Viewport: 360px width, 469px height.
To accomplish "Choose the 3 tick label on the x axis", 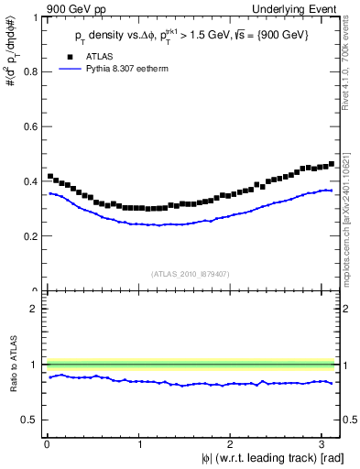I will (x=324, y=445).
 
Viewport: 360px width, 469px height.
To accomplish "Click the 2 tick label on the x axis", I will (x=232, y=445).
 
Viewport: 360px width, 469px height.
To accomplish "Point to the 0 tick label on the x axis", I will (x=47, y=445).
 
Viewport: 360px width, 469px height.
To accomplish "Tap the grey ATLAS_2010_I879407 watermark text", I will (x=190, y=273).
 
